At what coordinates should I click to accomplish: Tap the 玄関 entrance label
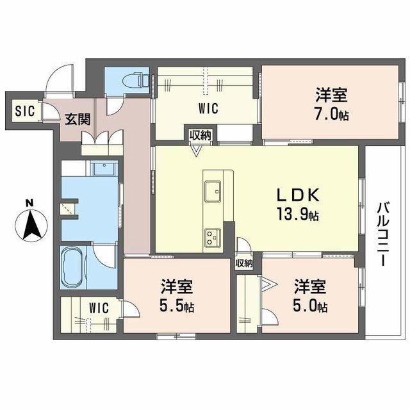[77, 119]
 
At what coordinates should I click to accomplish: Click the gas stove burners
[212, 236]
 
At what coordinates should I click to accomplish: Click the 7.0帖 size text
[331, 115]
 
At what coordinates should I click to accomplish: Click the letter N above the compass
[29, 204]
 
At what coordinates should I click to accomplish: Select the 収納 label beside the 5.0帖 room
[243, 263]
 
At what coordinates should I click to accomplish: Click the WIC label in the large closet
[208, 108]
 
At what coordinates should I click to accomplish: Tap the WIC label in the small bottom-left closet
[99, 307]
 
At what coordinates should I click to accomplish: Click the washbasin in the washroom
[101, 170]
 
